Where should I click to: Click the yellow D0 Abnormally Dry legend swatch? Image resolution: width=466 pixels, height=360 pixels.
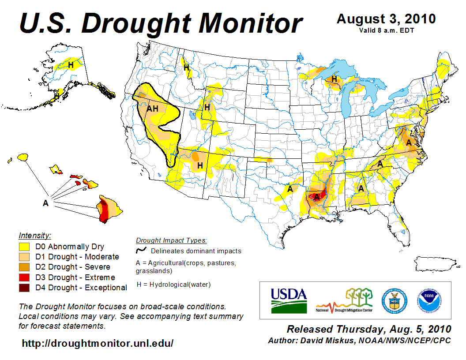(24, 247)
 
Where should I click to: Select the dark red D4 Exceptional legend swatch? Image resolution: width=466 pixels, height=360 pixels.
(24, 288)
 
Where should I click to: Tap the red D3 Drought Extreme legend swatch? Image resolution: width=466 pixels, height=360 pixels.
(24, 277)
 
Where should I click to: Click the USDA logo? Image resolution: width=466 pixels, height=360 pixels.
(289, 300)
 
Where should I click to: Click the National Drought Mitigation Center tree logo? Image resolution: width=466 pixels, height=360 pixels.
(345, 300)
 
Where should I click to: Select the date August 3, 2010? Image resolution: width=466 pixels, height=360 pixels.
(386, 19)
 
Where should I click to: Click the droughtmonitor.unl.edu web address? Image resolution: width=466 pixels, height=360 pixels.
(98, 343)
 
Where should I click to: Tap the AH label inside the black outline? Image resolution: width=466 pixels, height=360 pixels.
(152, 109)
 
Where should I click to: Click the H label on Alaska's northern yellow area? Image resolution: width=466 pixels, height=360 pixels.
(70, 65)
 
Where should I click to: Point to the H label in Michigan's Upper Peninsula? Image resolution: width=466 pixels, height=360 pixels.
(334, 79)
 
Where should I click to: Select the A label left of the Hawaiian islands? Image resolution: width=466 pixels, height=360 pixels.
(45, 203)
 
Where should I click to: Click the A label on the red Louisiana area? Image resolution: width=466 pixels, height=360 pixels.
(316, 197)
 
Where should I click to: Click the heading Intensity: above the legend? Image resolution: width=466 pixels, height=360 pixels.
(35, 235)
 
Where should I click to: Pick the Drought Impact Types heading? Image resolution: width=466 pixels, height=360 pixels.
(171, 240)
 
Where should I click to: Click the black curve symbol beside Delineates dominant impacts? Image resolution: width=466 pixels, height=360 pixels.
(141, 251)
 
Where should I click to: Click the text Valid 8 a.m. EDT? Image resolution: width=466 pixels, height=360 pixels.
(386, 30)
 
